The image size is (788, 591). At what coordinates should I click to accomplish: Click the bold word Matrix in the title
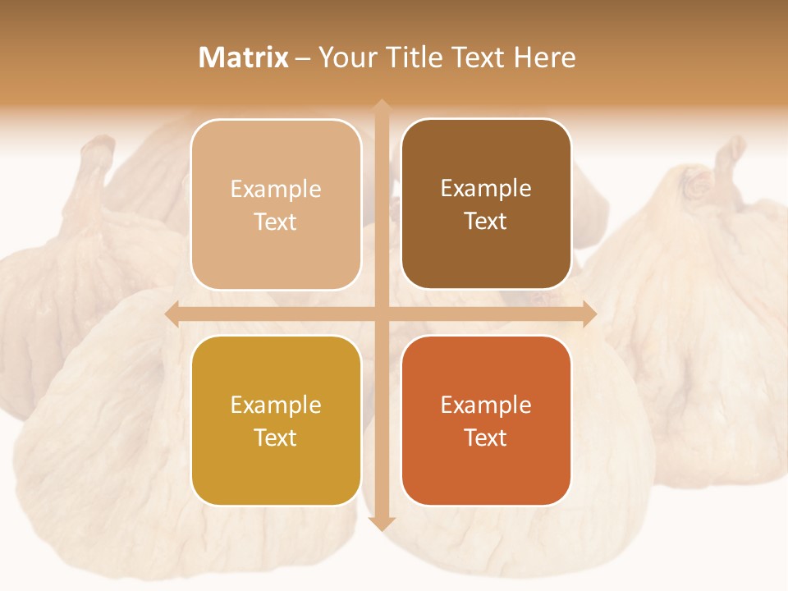click(244, 57)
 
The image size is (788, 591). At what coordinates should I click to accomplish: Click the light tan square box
click(276, 204)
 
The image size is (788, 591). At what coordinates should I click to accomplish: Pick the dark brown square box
click(486, 204)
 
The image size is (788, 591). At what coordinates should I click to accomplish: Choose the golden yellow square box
click(276, 420)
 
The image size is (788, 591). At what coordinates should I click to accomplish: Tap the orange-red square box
click(486, 420)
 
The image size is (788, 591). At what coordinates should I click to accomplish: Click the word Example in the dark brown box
click(486, 189)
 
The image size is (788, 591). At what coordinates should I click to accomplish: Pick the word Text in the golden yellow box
click(276, 438)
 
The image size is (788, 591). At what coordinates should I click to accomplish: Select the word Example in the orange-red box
click(486, 405)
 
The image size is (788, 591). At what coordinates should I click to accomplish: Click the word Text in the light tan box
click(276, 222)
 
